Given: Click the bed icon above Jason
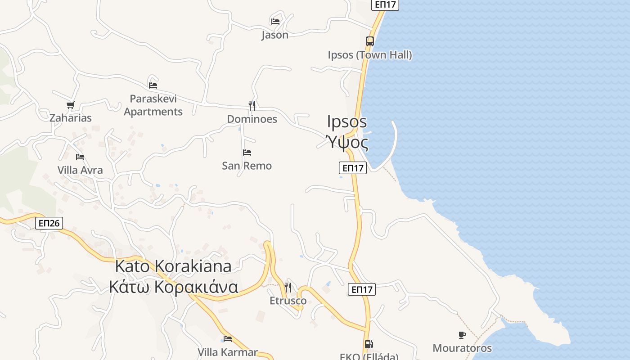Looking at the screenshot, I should (x=275, y=21).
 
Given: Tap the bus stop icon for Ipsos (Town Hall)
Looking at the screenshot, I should (x=369, y=41).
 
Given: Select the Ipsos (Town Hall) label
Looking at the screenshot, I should (x=369, y=55).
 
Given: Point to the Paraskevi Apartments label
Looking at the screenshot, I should (x=153, y=105).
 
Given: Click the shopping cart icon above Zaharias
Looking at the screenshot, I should (x=70, y=105).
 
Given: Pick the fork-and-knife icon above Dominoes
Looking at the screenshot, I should (x=252, y=105).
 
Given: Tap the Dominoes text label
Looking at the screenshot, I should (x=252, y=119).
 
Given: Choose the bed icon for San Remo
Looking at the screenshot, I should (x=247, y=153).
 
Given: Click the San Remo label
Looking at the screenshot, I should (x=247, y=166).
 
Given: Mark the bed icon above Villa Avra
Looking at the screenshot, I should (x=80, y=157).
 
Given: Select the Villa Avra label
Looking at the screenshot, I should (x=80, y=170).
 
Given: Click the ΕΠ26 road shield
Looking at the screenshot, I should (x=49, y=223).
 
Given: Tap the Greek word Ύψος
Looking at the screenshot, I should (x=347, y=143).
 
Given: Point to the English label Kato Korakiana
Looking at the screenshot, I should (x=173, y=266).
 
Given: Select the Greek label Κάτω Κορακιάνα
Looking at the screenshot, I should (x=173, y=287).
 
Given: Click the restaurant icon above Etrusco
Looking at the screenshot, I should (x=288, y=287).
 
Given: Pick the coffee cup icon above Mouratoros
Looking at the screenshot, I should (x=462, y=335).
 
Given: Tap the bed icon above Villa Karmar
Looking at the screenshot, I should (x=228, y=338).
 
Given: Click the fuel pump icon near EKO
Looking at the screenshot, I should (x=369, y=345).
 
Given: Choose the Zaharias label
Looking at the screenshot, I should (x=70, y=118).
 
